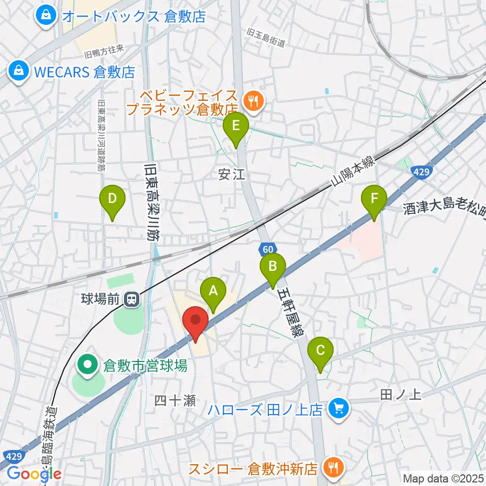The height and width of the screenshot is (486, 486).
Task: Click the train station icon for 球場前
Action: click(132, 299)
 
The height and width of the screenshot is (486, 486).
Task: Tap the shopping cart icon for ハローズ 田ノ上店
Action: click(338, 409)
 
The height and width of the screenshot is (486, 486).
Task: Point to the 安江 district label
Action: click(231, 175)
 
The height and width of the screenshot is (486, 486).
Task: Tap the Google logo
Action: click(33, 473)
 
